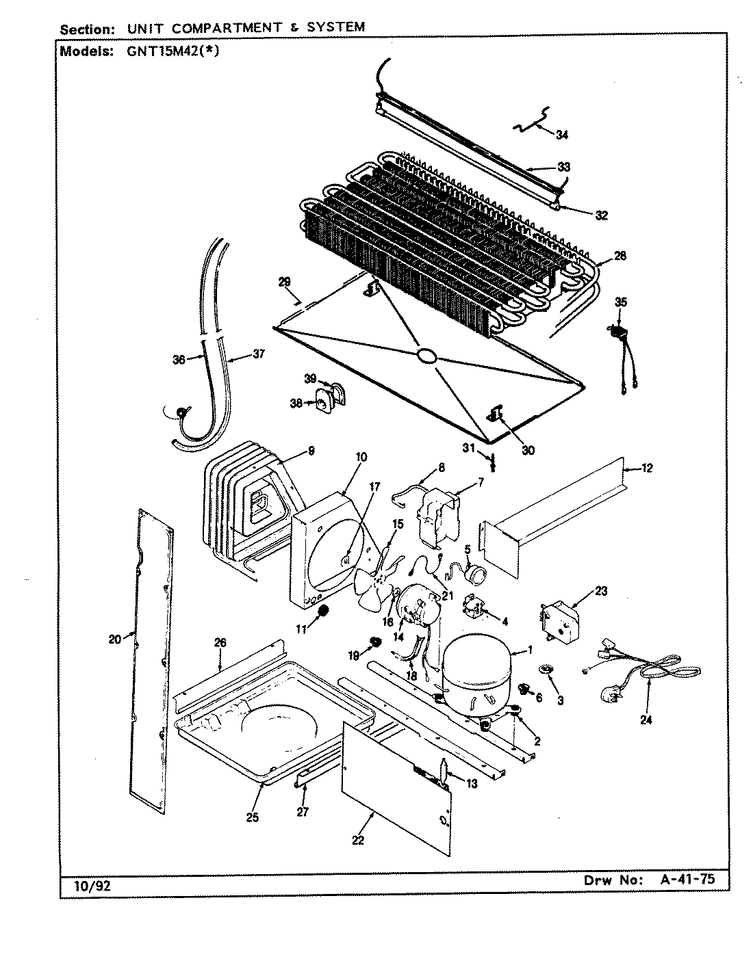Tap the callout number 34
pyautogui.click(x=561, y=135)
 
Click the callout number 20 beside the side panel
pyautogui.click(x=114, y=639)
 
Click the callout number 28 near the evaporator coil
pyautogui.click(x=620, y=256)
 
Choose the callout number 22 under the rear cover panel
pyautogui.click(x=358, y=840)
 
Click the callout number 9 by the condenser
pyautogui.click(x=311, y=450)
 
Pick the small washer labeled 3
pyautogui.click(x=546, y=668)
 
